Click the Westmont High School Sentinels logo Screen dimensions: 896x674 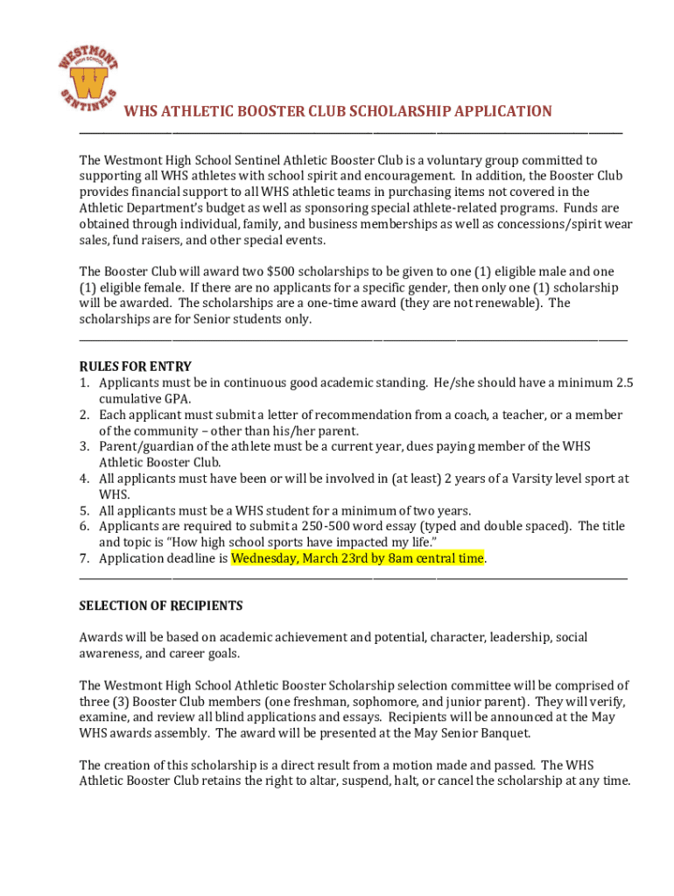88,77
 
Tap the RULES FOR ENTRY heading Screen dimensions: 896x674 135,366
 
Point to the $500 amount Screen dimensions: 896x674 283,271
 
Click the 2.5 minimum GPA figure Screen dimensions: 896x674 624,382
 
